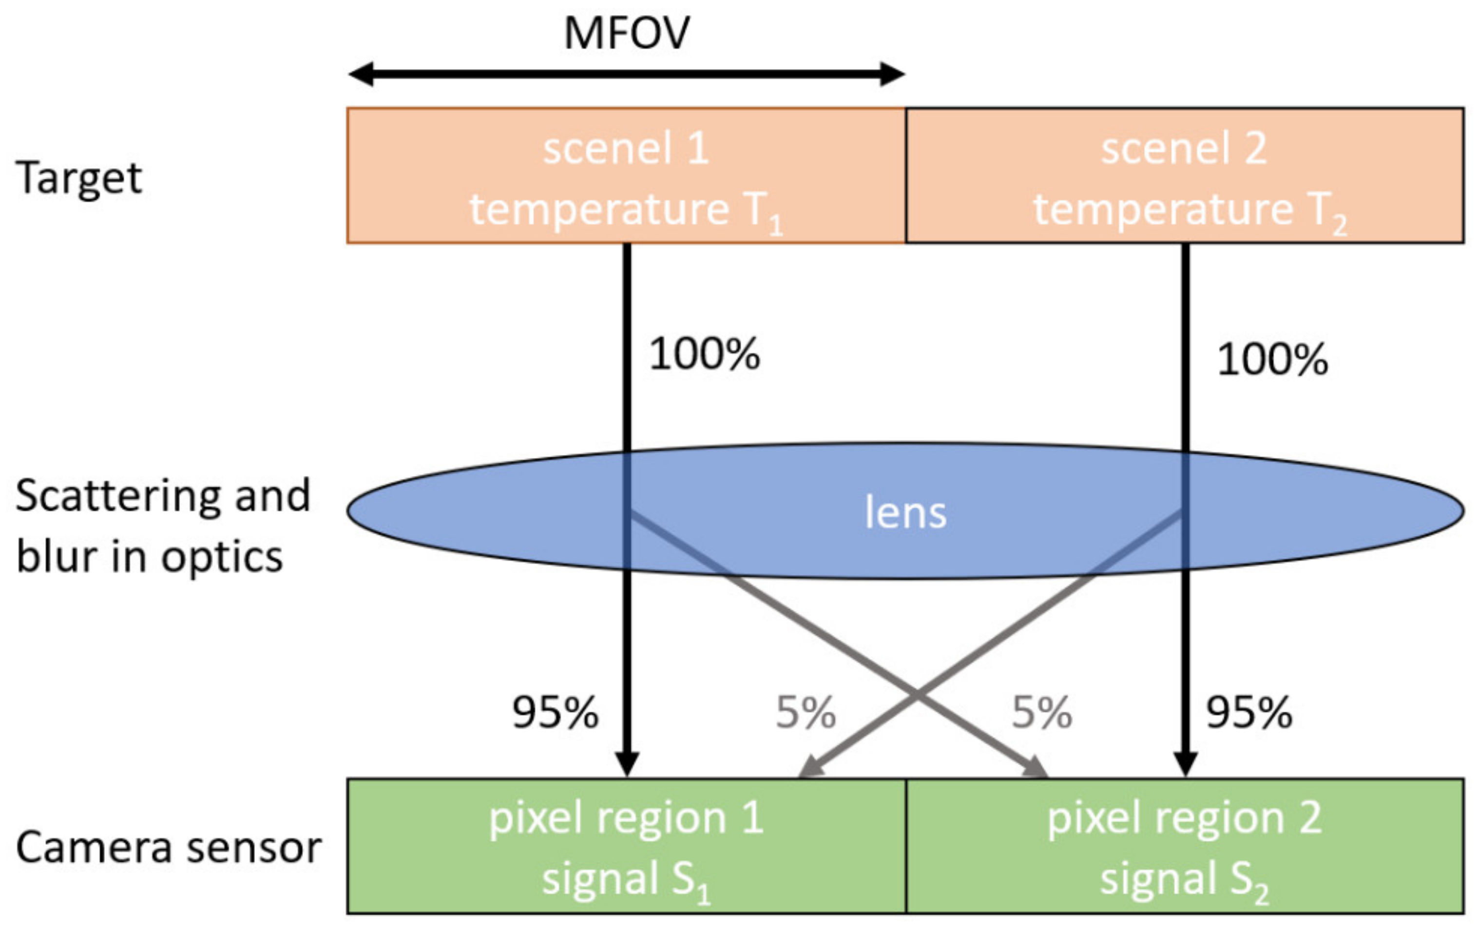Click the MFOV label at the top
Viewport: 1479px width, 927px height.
[626, 33]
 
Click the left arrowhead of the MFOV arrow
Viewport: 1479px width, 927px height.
[361, 74]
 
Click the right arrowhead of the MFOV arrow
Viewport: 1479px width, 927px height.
[893, 74]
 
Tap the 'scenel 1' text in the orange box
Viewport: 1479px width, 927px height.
[626, 149]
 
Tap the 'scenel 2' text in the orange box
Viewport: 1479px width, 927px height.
[1184, 149]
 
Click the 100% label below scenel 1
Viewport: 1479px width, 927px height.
[705, 354]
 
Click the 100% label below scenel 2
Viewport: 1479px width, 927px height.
[1272, 359]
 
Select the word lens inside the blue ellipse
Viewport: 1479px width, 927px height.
[905, 512]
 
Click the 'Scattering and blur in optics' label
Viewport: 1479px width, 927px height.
[162, 526]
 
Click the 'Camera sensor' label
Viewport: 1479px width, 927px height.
[168, 848]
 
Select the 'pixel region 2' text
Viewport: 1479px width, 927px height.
[1184, 818]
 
